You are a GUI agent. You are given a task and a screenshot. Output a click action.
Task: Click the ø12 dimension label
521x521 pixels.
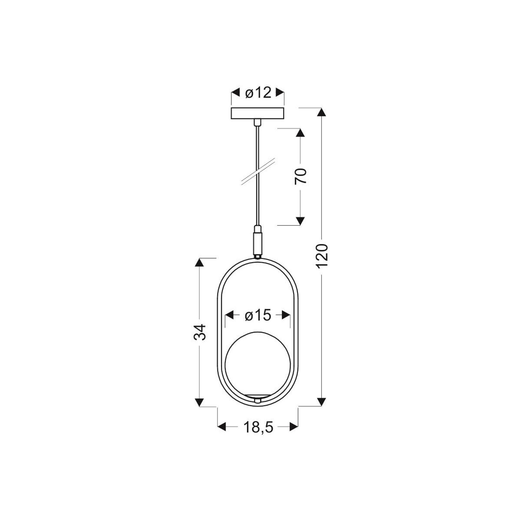(258, 92)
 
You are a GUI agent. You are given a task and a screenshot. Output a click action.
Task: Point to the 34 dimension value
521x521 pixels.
(199, 332)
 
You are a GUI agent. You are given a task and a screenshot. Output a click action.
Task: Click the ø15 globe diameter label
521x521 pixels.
(257, 315)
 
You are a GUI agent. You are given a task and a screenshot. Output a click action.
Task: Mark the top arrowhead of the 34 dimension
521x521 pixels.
(199, 263)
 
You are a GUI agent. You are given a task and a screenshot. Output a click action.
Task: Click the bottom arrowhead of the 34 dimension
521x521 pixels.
(199, 402)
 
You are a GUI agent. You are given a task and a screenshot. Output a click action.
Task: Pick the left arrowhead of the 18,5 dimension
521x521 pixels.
(222, 427)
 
